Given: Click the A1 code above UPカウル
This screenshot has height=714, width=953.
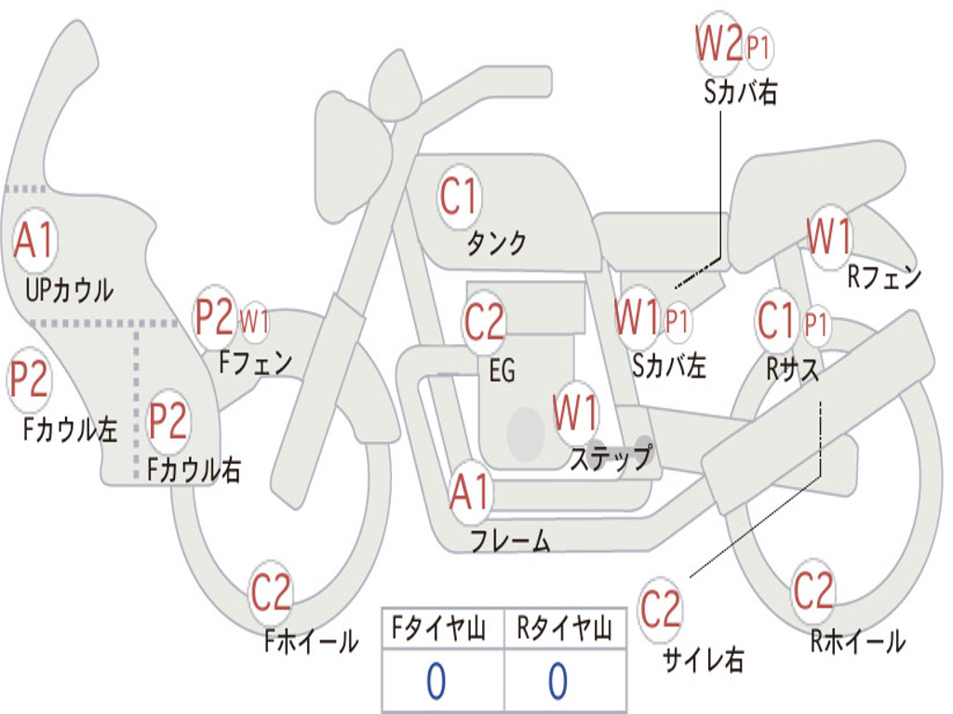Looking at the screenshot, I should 35,241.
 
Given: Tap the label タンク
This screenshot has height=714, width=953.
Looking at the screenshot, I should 496,244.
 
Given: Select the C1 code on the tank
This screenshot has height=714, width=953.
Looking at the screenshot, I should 459,197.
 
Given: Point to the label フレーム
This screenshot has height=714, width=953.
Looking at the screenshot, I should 510,541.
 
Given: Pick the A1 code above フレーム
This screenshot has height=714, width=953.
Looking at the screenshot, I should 470,492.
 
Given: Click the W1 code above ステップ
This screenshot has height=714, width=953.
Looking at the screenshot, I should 576,413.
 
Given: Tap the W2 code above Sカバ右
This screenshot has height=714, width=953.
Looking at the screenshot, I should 718,44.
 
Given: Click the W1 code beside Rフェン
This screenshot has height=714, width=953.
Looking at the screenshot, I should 828,237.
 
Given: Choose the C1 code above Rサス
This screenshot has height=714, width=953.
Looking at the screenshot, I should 778,322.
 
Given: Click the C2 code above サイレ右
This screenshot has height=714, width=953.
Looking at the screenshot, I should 661,609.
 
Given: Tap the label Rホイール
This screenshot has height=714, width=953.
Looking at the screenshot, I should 857,641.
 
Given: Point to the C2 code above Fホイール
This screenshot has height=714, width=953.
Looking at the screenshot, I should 271,593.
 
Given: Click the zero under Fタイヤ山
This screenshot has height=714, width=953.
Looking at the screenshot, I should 436,681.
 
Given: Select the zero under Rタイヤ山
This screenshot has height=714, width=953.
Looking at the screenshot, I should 557,681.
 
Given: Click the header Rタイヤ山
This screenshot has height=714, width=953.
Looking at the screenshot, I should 564,630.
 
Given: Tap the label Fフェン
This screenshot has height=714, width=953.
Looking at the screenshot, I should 256,362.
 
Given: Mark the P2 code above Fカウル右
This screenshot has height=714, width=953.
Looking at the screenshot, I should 168,421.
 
